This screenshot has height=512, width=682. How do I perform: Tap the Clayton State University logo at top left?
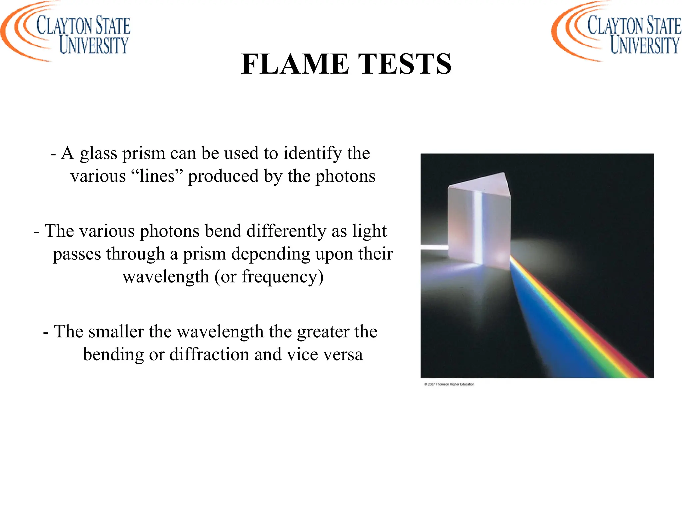[65, 32]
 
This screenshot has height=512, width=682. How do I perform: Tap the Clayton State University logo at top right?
[616, 32]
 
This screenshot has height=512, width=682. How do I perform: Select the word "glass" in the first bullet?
[98, 154]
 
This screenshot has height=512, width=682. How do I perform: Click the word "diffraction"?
[209, 354]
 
